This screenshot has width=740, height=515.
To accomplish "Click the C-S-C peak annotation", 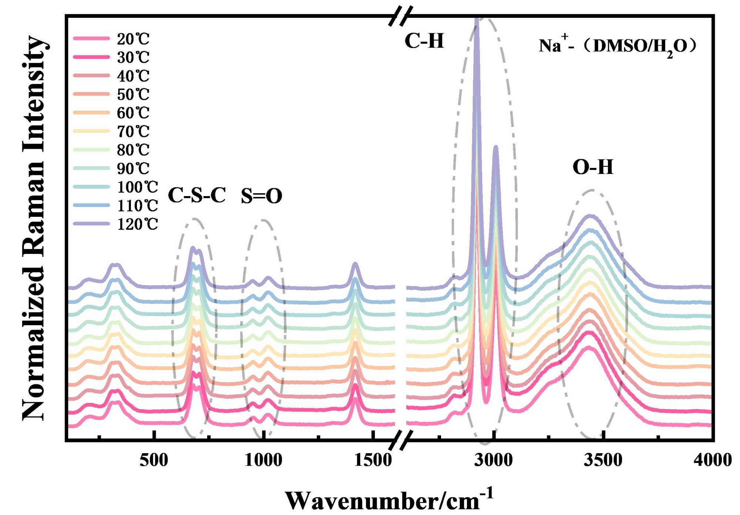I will pyautogui.click(x=196, y=195).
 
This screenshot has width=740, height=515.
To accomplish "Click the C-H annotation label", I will pyautogui.click(x=424, y=41).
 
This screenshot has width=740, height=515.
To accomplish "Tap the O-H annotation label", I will pyautogui.click(x=593, y=167).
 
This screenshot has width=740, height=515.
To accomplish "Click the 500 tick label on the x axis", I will pyautogui.click(x=154, y=460).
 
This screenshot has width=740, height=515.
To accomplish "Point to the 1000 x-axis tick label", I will pyautogui.click(x=263, y=460).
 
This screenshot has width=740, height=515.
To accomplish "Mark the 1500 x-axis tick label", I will pyautogui.click(x=373, y=460).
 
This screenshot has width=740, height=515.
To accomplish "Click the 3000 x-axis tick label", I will pyautogui.click(x=494, y=460).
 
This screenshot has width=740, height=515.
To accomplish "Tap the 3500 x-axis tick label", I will pyautogui.click(x=603, y=460).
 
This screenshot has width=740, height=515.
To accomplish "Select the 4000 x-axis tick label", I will pyautogui.click(x=713, y=460).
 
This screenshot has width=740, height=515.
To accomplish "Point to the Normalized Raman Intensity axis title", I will pyautogui.click(x=34, y=228).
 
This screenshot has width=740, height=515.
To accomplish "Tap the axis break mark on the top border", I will pyautogui.click(x=401, y=16).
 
